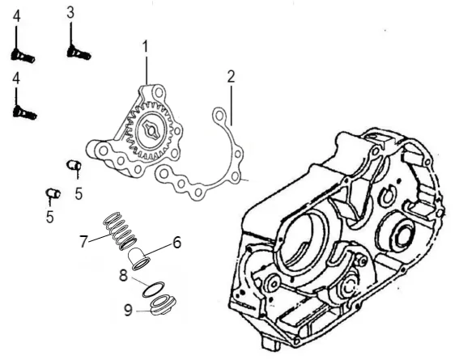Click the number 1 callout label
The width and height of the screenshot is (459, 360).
tap(146, 47)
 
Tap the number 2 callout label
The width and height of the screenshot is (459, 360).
tap(231, 76)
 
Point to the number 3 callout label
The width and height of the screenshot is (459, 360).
tap(70, 13)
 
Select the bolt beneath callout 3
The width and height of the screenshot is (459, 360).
tap(79, 53)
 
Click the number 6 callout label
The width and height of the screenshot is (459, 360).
tap(176, 243)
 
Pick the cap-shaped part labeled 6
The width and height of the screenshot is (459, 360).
tap(139, 258)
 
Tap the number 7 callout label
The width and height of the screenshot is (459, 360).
tap(83, 242)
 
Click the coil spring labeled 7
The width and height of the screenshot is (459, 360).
tap(120, 231)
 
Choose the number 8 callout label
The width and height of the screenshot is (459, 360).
tap(123, 275)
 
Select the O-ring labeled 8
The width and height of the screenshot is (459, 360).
tap(154, 290)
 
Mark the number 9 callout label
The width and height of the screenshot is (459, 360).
tap(128, 310)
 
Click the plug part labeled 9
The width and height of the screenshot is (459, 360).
tap(163, 305)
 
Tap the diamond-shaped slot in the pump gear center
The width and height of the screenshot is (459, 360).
tap(151, 129)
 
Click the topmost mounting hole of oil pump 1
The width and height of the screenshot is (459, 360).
tap(159, 93)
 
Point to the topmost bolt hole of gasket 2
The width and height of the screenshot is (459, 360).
tap(219, 116)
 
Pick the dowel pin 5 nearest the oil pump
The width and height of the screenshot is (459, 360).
tap(74, 165)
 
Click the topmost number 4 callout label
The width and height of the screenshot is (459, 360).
tap(17, 16)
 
